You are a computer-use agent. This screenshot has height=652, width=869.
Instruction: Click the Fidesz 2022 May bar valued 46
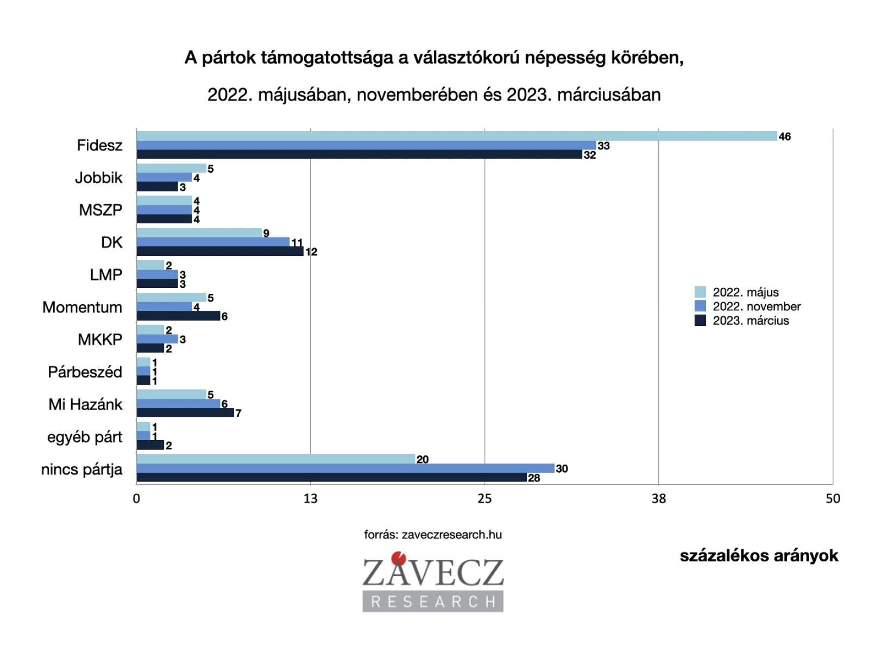pos(456,136)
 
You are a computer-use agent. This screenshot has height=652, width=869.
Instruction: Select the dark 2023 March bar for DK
pos(220,252)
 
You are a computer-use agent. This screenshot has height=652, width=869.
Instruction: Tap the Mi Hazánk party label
pos(85,405)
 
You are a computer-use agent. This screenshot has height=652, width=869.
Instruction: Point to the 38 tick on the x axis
pos(658,499)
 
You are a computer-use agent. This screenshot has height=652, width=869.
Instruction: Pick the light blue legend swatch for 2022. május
pos(700,292)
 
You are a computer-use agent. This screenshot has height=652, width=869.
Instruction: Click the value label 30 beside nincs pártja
pos(562,469)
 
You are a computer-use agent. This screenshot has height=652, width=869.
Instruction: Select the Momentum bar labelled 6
pos(178,316)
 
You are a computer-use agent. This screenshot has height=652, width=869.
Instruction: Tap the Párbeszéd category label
pos(85,372)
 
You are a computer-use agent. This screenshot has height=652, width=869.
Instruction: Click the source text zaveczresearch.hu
pos(433,535)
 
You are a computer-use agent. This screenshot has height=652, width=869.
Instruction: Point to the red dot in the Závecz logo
pos(401,557)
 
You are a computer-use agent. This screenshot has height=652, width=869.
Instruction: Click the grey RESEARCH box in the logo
pos(433,601)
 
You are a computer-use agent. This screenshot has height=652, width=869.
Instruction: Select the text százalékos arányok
pos(759,556)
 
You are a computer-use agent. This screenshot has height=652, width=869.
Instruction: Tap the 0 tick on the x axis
pos(136,499)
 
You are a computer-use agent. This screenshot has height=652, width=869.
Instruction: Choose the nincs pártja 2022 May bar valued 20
pos(275,459)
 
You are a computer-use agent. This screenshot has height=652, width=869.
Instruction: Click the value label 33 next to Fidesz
pos(603,146)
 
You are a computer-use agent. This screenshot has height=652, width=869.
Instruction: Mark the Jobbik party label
pos(98,178)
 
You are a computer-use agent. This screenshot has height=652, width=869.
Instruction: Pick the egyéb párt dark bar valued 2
pos(150,446)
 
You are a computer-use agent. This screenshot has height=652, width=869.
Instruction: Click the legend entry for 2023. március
pos(750,321)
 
